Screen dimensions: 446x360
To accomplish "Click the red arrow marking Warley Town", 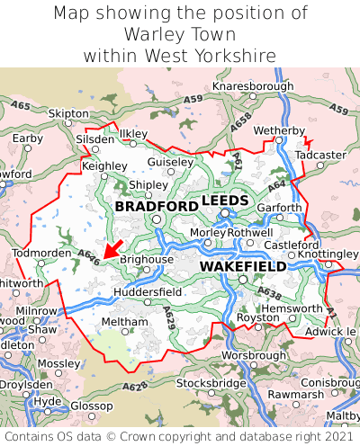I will click(x=112, y=246).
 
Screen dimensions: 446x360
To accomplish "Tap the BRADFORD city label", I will click(x=157, y=206).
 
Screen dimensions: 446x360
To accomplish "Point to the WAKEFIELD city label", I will click(x=243, y=266).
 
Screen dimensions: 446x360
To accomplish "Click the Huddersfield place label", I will click(x=148, y=292).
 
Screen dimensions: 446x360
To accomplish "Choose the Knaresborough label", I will click(x=253, y=86).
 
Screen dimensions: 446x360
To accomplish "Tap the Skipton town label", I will click(x=68, y=114).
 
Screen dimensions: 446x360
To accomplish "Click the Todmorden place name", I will click(x=41, y=253).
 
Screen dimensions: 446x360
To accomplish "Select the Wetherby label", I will click(x=280, y=131).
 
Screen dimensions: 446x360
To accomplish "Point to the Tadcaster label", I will click(x=320, y=155).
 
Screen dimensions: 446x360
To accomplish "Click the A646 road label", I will click(x=88, y=256).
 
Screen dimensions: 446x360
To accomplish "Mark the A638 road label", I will click(x=269, y=292).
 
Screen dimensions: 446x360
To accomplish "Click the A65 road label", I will click(x=21, y=106).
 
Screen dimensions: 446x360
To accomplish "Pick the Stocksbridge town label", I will click(x=211, y=383).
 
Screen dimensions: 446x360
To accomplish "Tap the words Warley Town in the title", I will click(x=180, y=34).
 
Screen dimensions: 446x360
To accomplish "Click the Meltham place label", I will click(x=119, y=321).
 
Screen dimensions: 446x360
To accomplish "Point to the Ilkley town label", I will click(x=132, y=133).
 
